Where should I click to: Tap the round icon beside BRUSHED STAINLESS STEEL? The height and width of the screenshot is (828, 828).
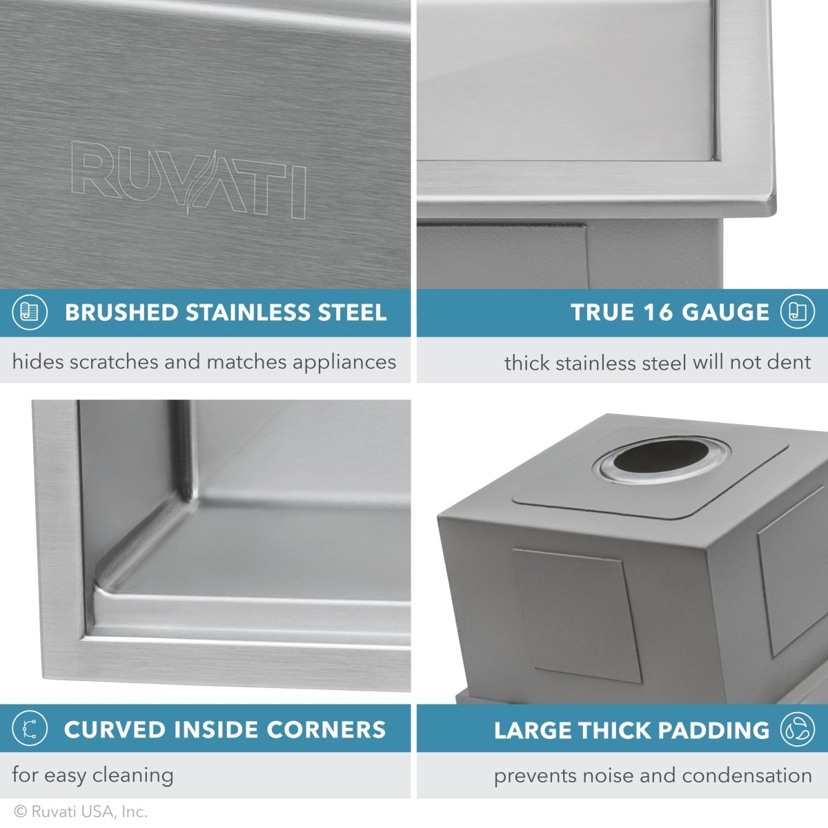coord(30,313)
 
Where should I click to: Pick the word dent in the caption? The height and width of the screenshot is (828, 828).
coord(788,362)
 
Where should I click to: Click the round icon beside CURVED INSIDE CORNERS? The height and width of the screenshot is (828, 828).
coord(30,729)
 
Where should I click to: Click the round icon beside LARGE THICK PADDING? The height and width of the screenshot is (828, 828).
coord(797,729)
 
